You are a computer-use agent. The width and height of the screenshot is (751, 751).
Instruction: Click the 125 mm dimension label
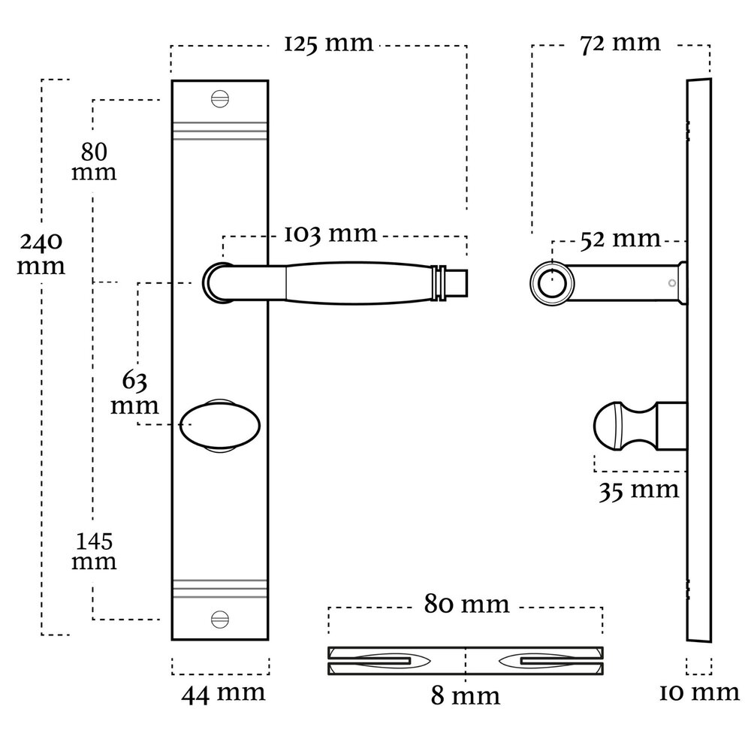point(328,44)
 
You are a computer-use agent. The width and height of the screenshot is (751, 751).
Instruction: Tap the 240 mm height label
point(41,254)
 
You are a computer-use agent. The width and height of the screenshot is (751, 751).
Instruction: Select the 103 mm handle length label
point(330,234)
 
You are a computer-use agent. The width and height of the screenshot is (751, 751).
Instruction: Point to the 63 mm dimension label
point(135,393)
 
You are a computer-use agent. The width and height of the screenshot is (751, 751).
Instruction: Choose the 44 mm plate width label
point(223,692)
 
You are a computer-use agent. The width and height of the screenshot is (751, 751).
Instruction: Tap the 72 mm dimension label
point(620,43)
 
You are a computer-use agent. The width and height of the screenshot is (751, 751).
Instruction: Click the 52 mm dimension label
point(620,240)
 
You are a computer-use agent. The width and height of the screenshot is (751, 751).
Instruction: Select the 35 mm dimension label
point(638,490)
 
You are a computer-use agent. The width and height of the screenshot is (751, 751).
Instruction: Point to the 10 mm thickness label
point(699,692)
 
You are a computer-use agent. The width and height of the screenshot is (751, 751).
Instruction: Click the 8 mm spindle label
point(466,696)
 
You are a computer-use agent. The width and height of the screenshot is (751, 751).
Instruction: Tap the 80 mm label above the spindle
point(466,605)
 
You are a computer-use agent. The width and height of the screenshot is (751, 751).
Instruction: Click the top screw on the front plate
point(219,98)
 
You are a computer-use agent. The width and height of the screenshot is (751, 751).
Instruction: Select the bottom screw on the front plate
point(219,620)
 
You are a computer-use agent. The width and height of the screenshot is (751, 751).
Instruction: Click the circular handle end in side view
point(553,282)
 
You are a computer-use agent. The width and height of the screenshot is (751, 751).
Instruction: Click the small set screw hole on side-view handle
point(671,283)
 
